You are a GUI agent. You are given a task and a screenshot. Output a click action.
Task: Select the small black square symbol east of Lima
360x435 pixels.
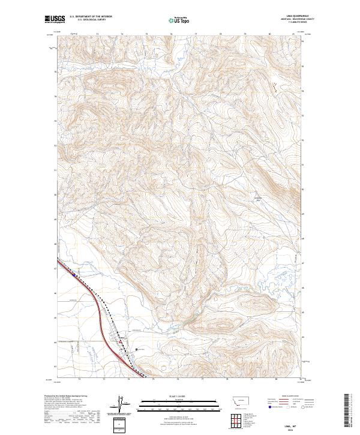137,349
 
